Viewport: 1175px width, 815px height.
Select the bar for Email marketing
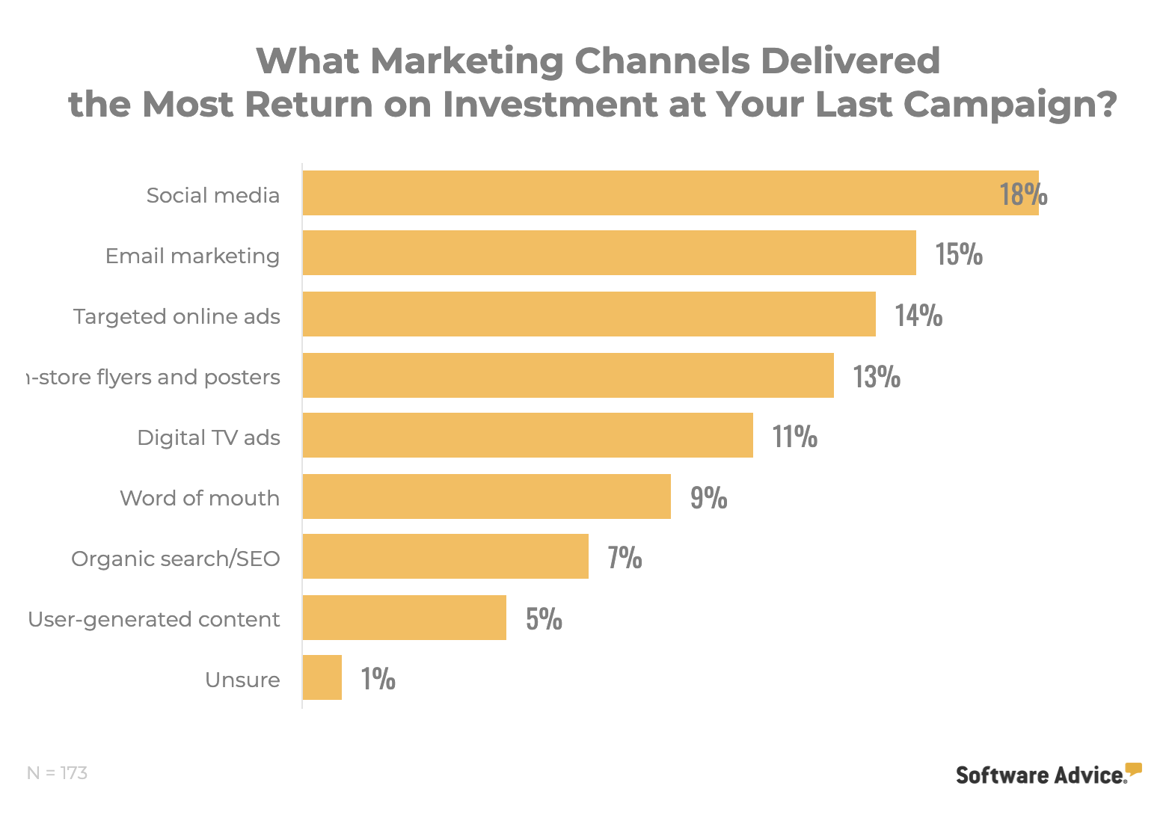tap(609, 253)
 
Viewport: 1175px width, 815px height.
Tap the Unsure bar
tap(322, 677)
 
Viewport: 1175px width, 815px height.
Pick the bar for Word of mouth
tap(486, 496)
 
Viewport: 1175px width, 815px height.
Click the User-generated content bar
tap(404, 618)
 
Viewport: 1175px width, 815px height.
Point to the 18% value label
tap(1023, 194)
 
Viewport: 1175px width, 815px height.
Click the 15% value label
tap(959, 254)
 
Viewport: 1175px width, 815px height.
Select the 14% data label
tap(918, 315)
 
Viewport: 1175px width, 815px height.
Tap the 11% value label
tap(794, 436)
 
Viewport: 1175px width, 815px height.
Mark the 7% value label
tap(625, 558)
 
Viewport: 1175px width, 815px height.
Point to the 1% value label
tap(378, 679)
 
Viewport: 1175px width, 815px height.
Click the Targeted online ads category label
tap(177, 316)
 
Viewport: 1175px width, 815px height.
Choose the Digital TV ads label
tap(209, 437)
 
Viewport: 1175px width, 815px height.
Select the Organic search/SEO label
tap(176, 559)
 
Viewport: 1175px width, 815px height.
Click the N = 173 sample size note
tap(57, 773)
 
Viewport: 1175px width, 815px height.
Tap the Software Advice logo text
tap(1040, 775)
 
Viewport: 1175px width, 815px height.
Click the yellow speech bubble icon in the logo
tap(1134, 769)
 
